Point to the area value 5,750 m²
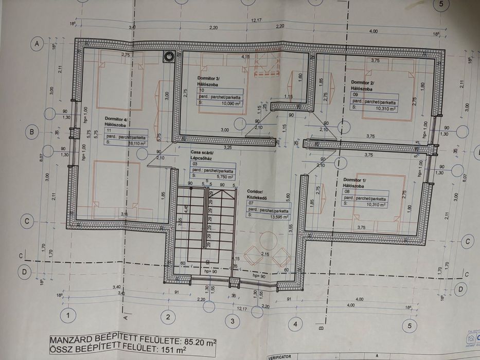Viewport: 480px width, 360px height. pyautogui.click(x=222, y=175)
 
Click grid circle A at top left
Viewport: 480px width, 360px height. pyautogui.click(x=37, y=44)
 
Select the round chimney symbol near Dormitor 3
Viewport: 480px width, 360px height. pyautogui.click(x=168, y=57)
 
